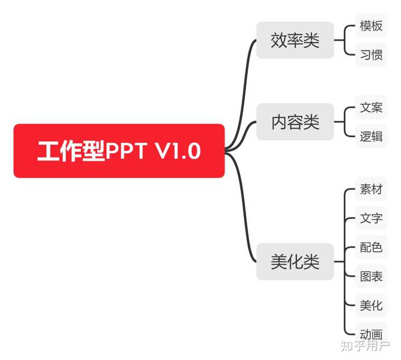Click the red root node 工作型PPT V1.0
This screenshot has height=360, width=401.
(x=119, y=151)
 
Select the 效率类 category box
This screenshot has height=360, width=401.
(x=295, y=40)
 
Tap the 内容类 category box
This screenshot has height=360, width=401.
(x=295, y=122)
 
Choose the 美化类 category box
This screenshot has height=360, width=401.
(x=295, y=262)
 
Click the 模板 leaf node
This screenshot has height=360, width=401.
(x=371, y=26)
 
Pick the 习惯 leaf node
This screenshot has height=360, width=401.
(x=371, y=55)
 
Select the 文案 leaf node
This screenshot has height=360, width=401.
(x=371, y=107)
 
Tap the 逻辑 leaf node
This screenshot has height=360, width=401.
(x=371, y=136)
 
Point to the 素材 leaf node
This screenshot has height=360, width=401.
(x=371, y=189)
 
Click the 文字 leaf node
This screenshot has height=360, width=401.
(x=371, y=218)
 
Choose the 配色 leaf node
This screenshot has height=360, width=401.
(x=371, y=247)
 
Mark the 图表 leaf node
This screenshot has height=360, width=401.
(x=371, y=276)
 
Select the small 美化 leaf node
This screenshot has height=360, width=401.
(x=371, y=305)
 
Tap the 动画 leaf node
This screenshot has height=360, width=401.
(x=371, y=334)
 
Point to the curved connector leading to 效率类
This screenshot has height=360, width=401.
(x=243, y=83)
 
